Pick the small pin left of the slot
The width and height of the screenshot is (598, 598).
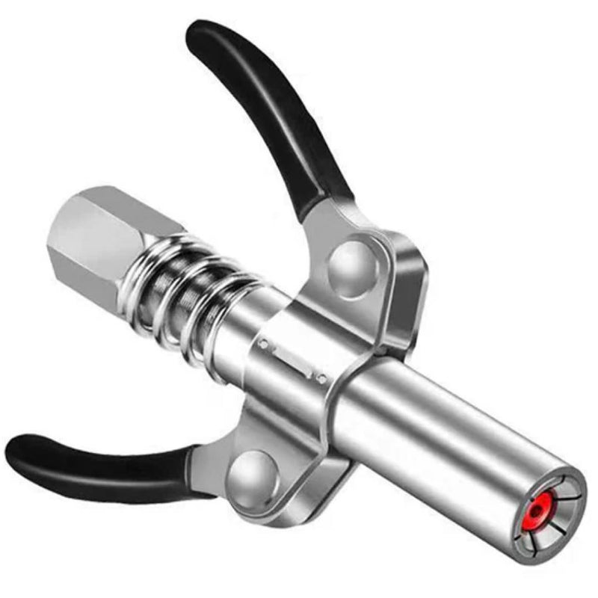tap(264, 344)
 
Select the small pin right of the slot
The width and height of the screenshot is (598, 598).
tap(320, 379)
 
